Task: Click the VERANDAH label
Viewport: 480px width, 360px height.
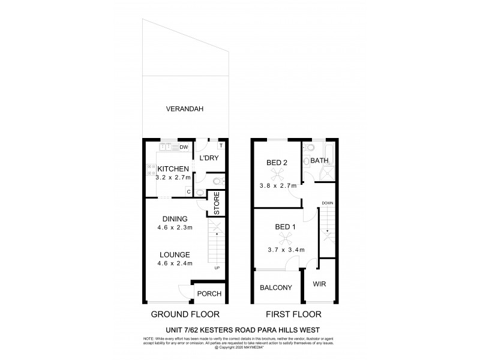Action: [185, 109]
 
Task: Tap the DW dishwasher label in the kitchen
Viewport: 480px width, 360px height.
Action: [184, 147]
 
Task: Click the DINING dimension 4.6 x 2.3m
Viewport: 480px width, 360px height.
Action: [175, 227]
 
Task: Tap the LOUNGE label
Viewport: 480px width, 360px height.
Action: [175, 254]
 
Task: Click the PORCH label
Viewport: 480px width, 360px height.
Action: [209, 293]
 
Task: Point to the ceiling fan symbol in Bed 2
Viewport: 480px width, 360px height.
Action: [277, 174]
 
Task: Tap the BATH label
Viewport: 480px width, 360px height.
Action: [319, 160]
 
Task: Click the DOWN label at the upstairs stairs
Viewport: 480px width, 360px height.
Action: [327, 203]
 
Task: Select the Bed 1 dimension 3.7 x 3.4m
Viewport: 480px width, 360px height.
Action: [286, 250]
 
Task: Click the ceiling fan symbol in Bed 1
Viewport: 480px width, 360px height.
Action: [286, 238]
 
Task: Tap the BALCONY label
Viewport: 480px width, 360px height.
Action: [276, 288]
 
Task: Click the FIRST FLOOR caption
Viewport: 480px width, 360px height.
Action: [293, 314]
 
